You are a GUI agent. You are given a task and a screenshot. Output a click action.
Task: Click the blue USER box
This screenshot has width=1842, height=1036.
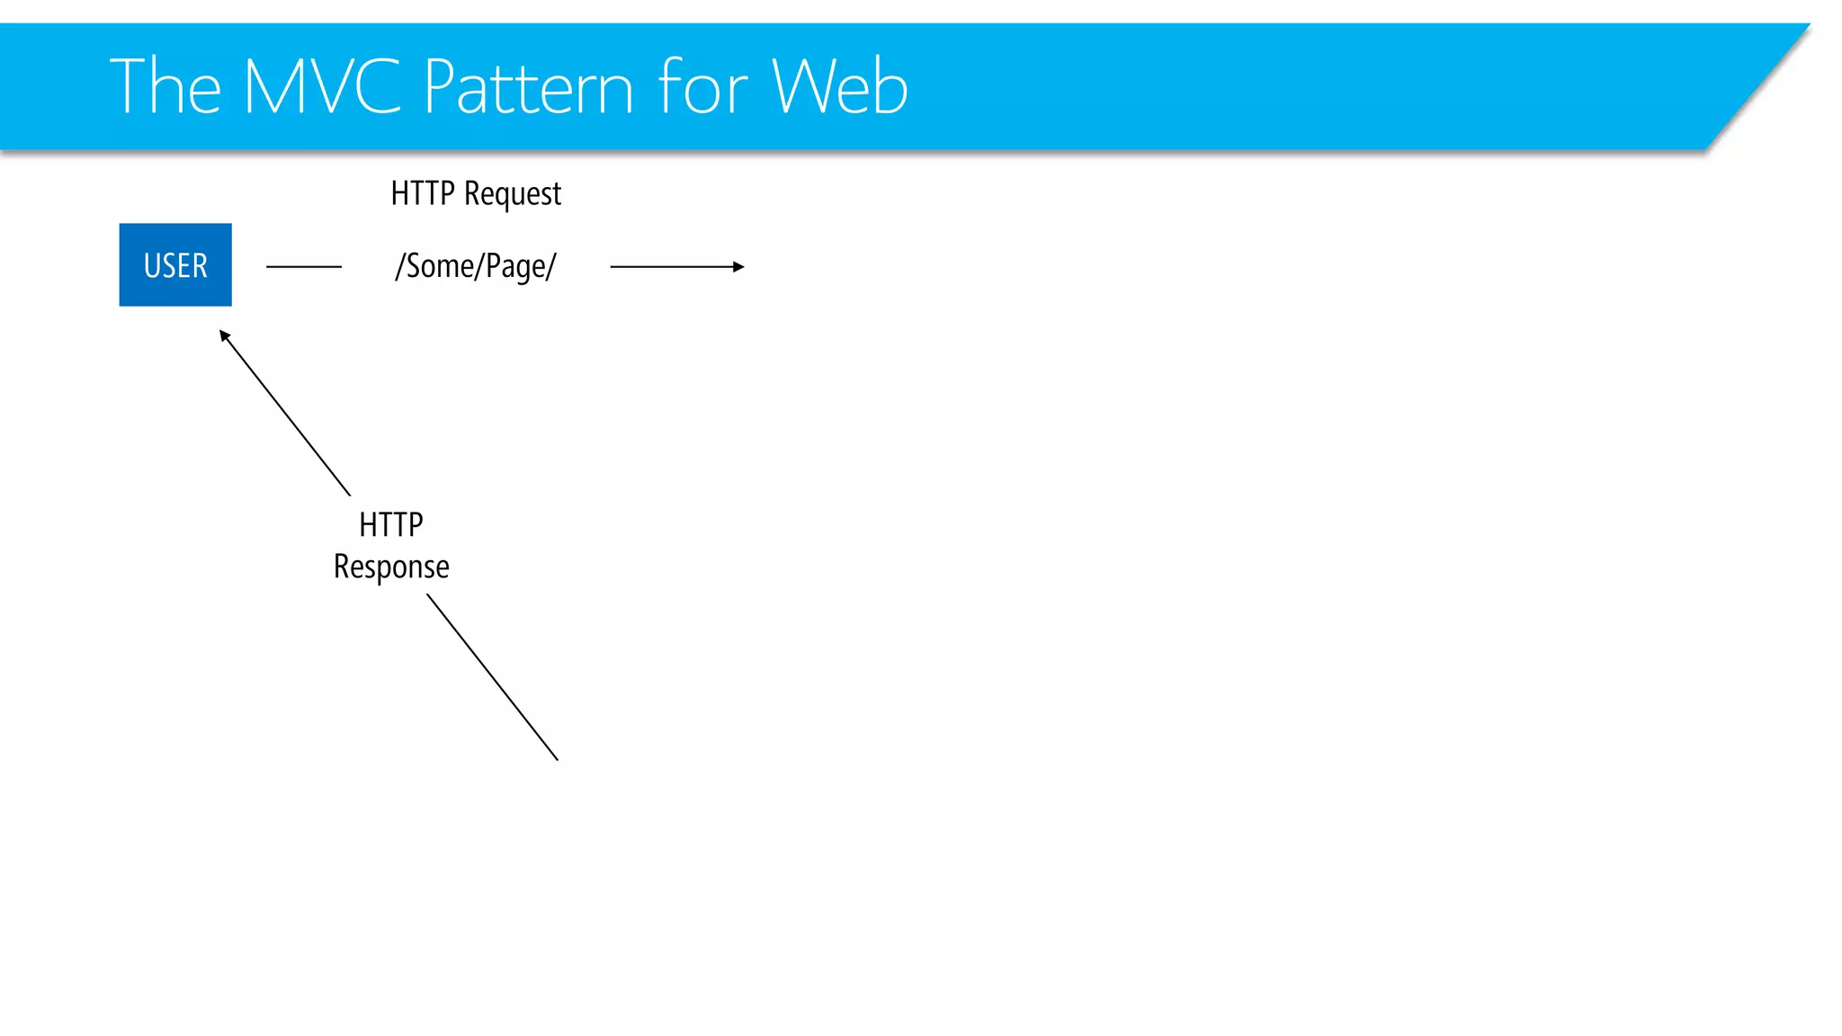pyautogui.click(x=175, y=264)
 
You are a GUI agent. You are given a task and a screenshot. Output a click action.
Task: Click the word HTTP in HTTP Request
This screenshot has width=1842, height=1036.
pyautogui.click(x=422, y=193)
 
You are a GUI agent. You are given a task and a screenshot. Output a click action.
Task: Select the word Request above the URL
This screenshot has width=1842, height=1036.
pyautogui.click(x=513, y=194)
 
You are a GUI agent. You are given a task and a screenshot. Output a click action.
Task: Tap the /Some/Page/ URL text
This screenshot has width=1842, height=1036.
pyautogui.click(x=476, y=266)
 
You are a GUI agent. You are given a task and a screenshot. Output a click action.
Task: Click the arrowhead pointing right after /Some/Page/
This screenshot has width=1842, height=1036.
pyautogui.click(x=738, y=266)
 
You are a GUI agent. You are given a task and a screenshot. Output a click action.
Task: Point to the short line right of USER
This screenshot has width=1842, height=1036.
pyautogui.click(x=304, y=266)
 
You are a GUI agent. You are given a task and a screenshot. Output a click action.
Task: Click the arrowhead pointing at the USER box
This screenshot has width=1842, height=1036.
pyautogui.click(x=225, y=335)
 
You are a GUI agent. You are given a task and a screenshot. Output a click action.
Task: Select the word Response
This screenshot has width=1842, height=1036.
pyautogui.click(x=391, y=567)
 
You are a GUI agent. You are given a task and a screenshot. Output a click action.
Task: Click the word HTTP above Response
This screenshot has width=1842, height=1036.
pyautogui.click(x=390, y=524)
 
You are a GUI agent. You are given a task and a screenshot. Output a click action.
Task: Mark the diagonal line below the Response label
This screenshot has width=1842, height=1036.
pyautogui.click(x=492, y=677)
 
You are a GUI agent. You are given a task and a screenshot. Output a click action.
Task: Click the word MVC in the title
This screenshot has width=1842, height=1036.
pyautogui.click(x=321, y=86)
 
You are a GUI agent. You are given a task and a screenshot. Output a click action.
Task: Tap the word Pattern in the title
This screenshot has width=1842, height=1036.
pyautogui.click(x=528, y=87)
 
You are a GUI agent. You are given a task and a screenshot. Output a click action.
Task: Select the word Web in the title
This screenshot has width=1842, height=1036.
pyautogui.click(x=840, y=86)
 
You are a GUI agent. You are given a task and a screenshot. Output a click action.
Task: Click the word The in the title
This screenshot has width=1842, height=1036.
pyautogui.click(x=165, y=86)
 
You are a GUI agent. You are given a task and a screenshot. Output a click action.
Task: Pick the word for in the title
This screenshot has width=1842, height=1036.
pyautogui.click(x=702, y=86)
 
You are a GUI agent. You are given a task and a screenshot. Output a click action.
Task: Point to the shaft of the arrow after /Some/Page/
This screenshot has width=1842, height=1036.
pyautogui.click(x=670, y=266)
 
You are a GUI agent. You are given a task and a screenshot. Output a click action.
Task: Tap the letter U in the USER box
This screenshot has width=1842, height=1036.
pyautogui.click(x=152, y=265)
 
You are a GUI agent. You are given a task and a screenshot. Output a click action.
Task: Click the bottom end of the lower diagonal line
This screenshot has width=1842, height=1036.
pyautogui.click(x=556, y=758)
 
